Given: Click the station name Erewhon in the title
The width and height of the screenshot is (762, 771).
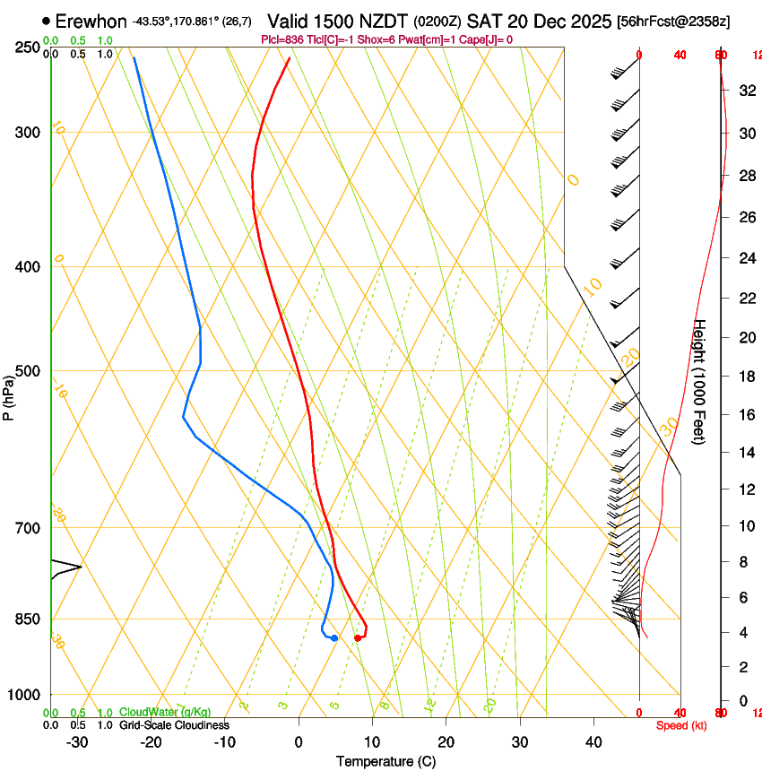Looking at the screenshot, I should (91, 21).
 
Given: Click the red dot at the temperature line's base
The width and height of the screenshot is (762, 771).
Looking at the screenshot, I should (358, 638).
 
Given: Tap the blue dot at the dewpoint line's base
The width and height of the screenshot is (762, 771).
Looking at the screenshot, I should (334, 638).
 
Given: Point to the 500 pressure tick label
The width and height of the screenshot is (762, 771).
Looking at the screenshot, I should (29, 371).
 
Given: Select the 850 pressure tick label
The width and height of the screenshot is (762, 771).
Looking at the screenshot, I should (29, 619).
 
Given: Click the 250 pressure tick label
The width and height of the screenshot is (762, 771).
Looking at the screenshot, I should (29, 48).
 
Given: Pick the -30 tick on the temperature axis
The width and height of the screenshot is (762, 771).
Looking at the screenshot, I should (77, 742).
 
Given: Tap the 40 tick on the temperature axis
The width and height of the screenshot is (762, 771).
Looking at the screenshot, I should (593, 742).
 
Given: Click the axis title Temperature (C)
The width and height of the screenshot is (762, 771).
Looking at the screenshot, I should (385, 761).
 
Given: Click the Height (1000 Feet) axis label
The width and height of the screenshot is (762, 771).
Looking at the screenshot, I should (700, 381).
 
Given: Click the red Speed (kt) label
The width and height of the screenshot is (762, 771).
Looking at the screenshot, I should (681, 725).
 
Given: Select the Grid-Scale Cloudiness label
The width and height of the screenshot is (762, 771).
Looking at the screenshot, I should (174, 725).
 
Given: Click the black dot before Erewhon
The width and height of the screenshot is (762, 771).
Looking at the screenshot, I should (46, 21).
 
